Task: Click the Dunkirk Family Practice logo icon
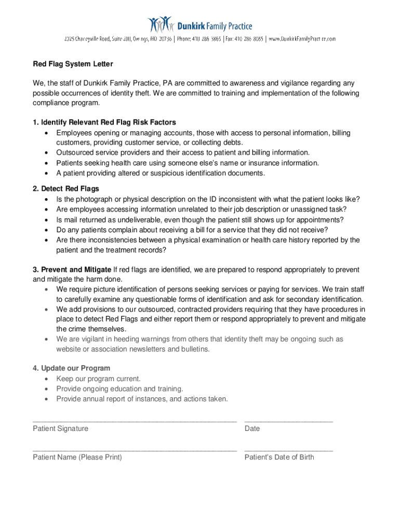(159, 25)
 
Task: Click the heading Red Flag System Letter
(73, 64)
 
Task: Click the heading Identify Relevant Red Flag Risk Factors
(104, 122)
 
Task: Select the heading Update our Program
(71, 368)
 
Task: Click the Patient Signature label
(60, 428)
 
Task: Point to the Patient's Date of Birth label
(279, 457)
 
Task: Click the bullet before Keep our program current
(47, 379)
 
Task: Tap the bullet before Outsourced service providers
(47, 153)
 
